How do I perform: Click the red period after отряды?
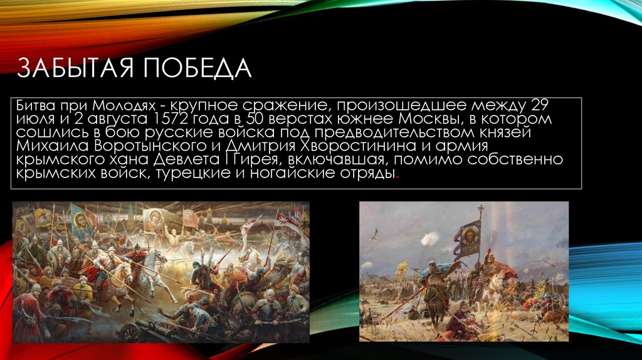397,176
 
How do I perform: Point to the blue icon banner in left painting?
78,219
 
